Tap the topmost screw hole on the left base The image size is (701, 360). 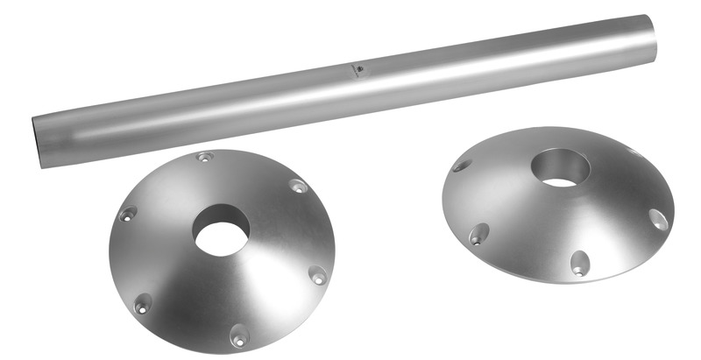pos(205,158)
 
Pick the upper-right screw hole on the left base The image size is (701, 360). pos(299,186)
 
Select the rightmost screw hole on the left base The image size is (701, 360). pos(318,277)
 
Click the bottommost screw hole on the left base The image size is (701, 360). pos(238,335)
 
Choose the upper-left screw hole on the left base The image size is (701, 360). pos(128,214)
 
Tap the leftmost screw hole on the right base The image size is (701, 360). pos(462,165)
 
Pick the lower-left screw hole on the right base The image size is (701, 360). pos(478,234)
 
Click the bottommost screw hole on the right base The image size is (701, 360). pos(579,262)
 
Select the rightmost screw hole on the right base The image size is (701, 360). pos(658,219)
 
